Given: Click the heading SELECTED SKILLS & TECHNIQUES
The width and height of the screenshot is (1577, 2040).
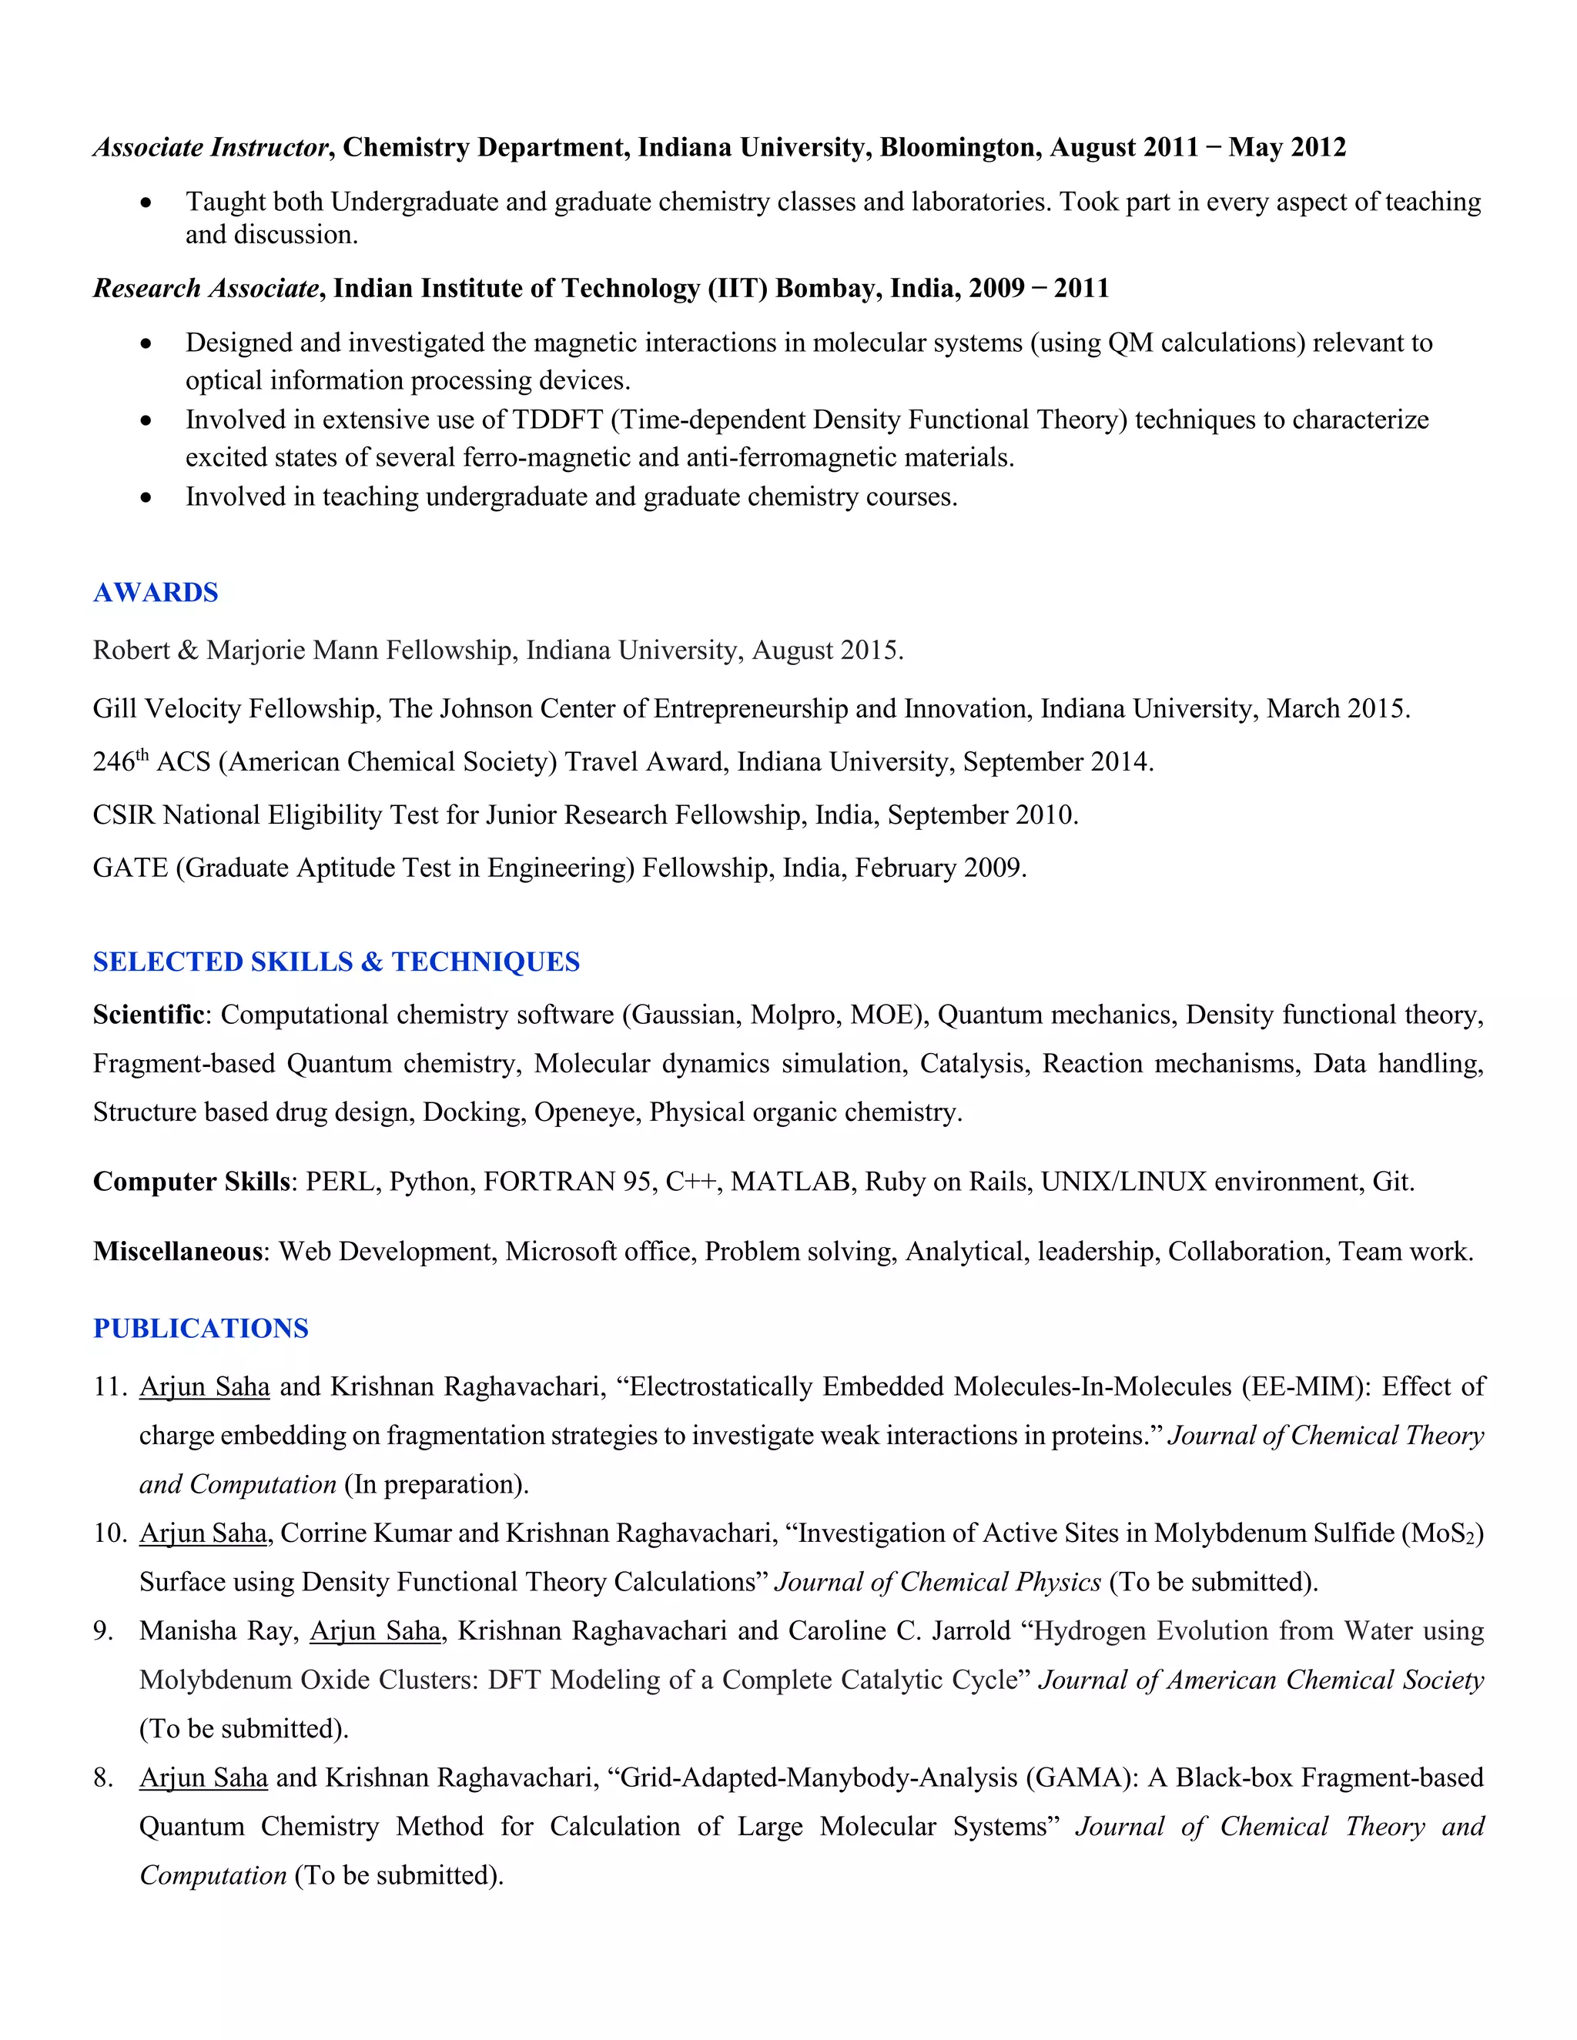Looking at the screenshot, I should (336, 961).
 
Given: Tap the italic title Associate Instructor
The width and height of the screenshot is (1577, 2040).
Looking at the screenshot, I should (211, 148).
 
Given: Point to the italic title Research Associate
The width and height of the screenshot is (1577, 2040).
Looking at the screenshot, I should (206, 288).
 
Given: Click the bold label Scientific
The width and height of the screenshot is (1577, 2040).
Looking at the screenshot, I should (149, 1015).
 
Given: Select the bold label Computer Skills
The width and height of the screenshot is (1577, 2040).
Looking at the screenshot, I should (191, 1182).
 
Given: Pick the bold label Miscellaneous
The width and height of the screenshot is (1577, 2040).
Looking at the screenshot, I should (178, 1252).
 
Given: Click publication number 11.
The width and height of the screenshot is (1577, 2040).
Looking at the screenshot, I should (109, 1386).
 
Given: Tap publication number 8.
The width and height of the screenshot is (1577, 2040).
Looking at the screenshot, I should (102, 1777).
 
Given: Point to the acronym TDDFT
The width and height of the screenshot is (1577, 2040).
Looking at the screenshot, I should (557, 420).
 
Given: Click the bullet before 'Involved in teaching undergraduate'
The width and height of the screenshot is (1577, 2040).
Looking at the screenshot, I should (146, 498).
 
